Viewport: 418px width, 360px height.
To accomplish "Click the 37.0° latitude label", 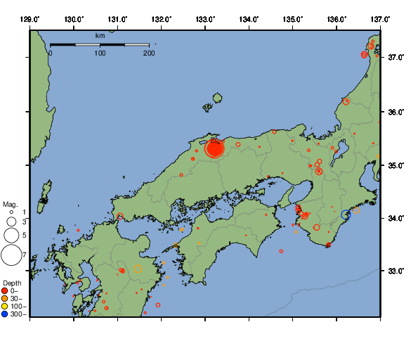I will [x=398, y=57].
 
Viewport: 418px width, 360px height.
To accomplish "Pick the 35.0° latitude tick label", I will [x=398, y=165].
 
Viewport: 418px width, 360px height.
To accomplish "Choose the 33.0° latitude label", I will [x=398, y=271].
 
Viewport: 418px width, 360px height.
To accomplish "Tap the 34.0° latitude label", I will [x=398, y=219].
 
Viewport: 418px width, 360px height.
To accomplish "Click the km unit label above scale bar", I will [x=100, y=34].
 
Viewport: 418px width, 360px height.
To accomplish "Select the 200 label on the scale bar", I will [x=149, y=53].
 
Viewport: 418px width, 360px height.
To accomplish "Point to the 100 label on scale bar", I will [x=100, y=53].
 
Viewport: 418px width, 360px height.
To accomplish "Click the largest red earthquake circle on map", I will [x=214, y=148].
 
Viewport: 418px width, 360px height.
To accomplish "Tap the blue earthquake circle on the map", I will [x=345, y=214].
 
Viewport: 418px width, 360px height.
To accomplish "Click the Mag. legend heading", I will [x=10, y=204].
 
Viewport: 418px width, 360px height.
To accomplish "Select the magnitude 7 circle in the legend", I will [x=11, y=255].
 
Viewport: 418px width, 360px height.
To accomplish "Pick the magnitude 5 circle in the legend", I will [x=11, y=235].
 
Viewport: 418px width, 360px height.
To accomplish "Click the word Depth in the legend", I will [x=11, y=282].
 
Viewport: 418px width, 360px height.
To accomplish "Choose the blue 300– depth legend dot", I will [x=5, y=314].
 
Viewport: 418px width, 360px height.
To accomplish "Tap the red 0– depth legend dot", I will [x=5, y=290].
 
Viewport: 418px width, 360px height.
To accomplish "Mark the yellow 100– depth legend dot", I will [x=5, y=306].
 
